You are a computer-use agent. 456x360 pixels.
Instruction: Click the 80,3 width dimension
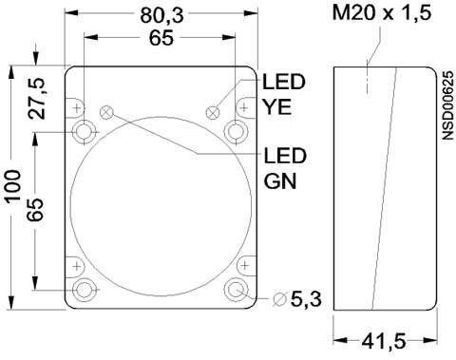click(161, 15)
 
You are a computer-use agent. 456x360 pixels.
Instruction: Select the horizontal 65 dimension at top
click(161, 38)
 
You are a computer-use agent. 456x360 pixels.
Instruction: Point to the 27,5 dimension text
click(37, 98)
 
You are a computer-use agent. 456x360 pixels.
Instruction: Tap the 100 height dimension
click(13, 186)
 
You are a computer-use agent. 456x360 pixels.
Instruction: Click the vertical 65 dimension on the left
click(35, 210)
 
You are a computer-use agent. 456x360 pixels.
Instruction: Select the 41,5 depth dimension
click(384, 341)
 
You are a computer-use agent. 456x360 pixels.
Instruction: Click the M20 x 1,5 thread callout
click(382, 13)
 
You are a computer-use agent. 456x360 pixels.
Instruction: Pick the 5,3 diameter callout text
click(306, 299)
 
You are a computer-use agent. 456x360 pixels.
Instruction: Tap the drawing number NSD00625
click(447, 105)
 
